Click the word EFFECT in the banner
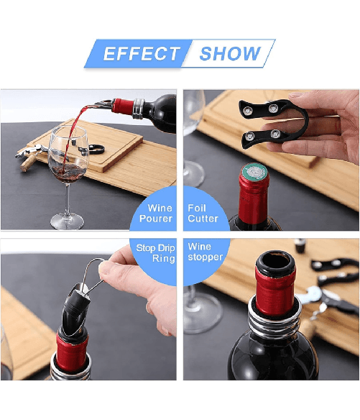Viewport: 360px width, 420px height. tap(142, 53)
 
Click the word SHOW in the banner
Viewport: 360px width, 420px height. tap(230, 53)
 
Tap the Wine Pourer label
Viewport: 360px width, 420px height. tap(156, 213)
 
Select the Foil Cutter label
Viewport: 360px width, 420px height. tap(203, 213)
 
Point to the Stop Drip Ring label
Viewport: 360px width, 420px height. tap(155, 253)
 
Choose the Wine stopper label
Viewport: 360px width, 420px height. tap(205, 252)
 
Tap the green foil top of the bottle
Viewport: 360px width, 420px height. tap(254, 172)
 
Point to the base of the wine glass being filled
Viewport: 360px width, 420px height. tap(67, 222)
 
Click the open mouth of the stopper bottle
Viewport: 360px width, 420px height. tap(276, 263)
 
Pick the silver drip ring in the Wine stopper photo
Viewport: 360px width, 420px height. tap(274, 319)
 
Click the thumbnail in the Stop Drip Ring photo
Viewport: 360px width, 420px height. tap(106, 270)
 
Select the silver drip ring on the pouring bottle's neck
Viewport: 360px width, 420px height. tap(139, 109)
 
